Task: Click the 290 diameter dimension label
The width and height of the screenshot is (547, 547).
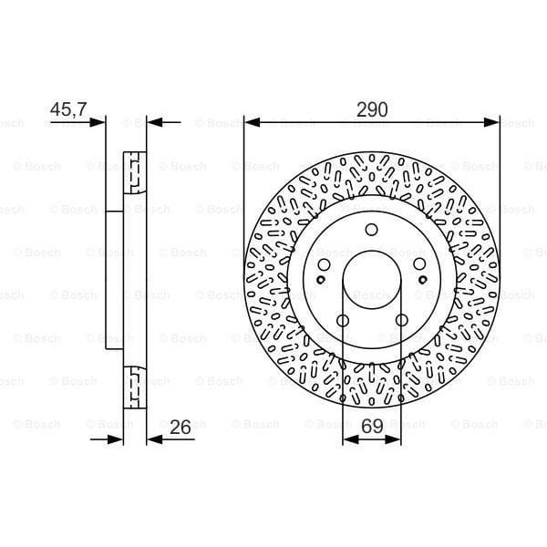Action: coord(372,109)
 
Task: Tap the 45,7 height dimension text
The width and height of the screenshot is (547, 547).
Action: coord(68,109)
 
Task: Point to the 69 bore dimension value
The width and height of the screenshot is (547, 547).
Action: coord(371,425)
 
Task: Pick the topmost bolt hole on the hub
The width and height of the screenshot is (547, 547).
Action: coord(371,230)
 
